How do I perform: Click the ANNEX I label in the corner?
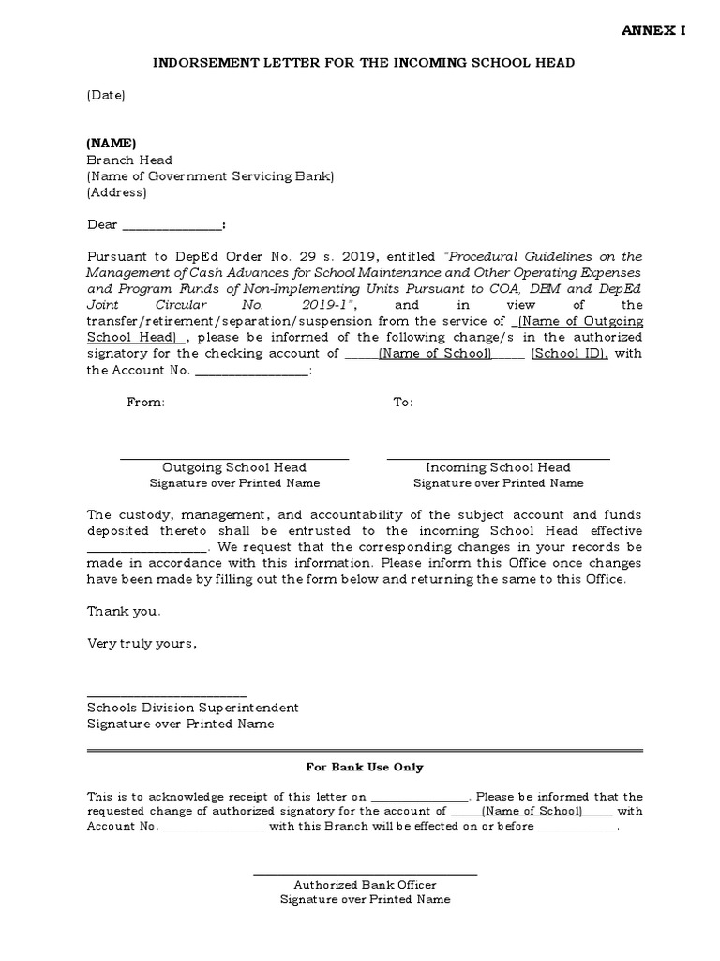(654, 31)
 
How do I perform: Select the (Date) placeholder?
(106, 95)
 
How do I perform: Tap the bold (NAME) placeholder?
(112, 144)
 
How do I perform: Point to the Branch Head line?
(129, 160)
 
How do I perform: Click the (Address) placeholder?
(116, 192)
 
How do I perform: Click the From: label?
(145, 402)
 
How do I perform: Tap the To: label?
(402, 402)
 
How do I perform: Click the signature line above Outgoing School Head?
(234, 458)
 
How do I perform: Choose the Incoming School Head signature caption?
(498, 467)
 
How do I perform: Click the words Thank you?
(124, 611)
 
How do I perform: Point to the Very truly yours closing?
(142, 644)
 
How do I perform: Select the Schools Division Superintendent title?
(193, 708)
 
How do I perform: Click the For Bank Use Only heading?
(366, 767)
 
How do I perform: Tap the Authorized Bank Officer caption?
(365, 885)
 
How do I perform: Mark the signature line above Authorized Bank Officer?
(366, 875)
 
